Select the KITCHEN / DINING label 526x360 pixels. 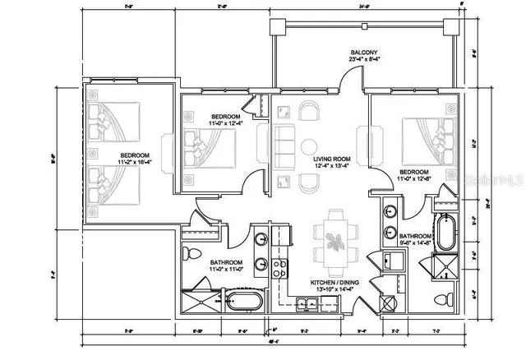[333, 282]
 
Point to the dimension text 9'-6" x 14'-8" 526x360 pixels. [414, 242]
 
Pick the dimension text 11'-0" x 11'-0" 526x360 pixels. [204, 269]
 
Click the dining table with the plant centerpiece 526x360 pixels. [334, 242]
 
